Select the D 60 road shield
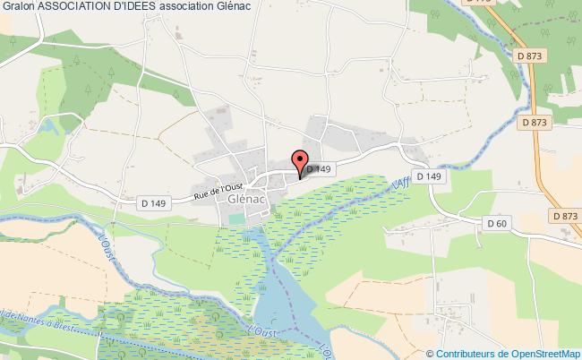coord(496,222)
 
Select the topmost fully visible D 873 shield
coord(530,57)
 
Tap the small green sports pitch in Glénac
coord(236,219)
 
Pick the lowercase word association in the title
coord(184,7)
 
